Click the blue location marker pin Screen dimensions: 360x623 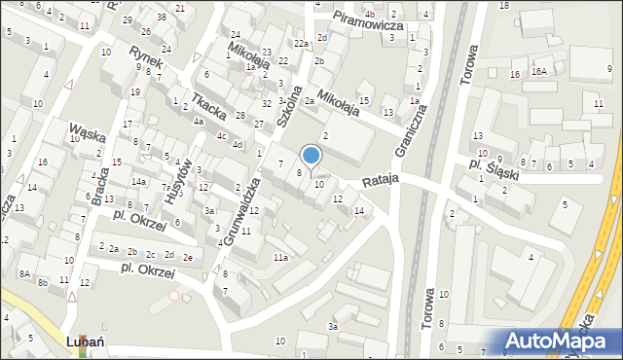(x=311, y=156)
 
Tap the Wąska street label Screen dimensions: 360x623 (x=87, y=130)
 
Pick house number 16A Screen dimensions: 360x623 (x=540, y=73)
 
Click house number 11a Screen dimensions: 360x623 (x=280, y=257)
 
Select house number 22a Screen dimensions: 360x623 (x=302, y=44)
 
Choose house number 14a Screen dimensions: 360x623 (x=139, y=182)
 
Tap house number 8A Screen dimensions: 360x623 (x=23, y=274)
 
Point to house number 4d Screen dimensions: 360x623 (x=238, y=144)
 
